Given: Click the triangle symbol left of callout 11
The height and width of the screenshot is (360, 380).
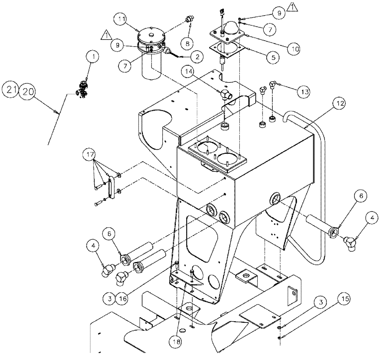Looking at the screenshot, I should [107, 36].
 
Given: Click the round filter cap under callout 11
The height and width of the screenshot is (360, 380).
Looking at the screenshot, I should [152, 38].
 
